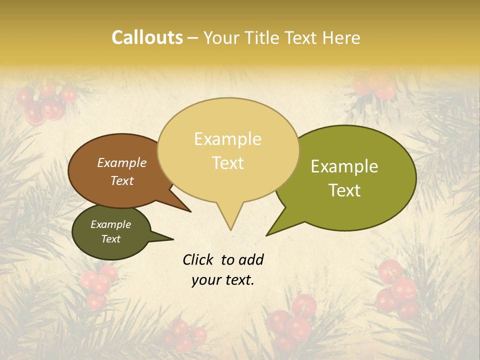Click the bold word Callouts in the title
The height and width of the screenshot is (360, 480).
tap(147, 37)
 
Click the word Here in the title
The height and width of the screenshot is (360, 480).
tap(342, 37)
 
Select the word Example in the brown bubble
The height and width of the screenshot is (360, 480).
tap(121, 163)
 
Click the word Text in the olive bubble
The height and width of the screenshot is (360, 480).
tap(345, 190)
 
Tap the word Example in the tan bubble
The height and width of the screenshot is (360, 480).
tap(227, 139)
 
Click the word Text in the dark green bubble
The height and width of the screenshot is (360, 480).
tap(110, 239)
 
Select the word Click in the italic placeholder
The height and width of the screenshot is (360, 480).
tap(198, 259)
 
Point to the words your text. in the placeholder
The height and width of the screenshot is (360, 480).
tap(222, 280)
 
